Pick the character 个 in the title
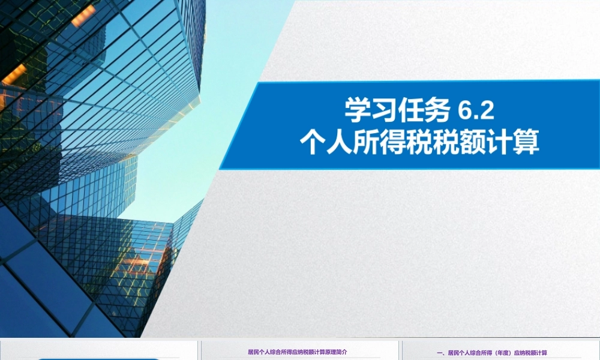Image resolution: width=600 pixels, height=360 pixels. click(314, 144)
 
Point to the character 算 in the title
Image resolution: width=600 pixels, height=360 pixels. click(526, 144)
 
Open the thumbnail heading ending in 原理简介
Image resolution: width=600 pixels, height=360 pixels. click(297, 352)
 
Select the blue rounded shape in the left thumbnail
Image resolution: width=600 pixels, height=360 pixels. click(99, 358)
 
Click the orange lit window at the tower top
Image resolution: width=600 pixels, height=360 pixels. click(83, 16)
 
